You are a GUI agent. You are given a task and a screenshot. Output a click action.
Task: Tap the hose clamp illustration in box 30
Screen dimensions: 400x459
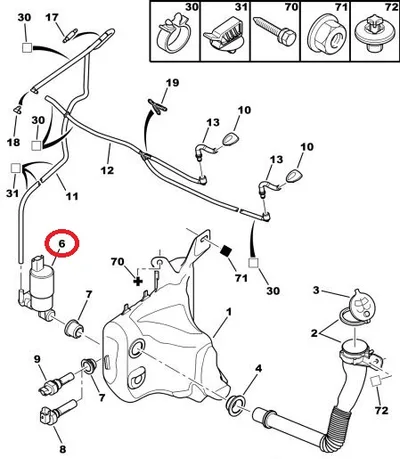[x=173, y=34]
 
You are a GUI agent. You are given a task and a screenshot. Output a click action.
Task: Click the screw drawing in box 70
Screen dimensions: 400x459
[x=274, y=32]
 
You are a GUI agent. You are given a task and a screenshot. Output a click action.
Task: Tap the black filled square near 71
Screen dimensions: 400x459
[x=226, y=250]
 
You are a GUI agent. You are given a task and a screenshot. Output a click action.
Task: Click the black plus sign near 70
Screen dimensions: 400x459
[x=138, y=281]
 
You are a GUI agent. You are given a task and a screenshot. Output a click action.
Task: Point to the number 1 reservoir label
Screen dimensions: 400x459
[x=229, y=312]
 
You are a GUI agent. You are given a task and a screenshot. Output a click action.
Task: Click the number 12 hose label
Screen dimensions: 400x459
[x=107, y=170]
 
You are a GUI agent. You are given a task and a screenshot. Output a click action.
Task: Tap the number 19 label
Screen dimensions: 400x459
[x=172, y=83]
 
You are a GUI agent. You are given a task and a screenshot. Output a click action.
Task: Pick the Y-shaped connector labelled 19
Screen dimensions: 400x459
[x=157, y=105]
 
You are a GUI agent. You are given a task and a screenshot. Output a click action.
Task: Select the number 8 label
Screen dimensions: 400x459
[x=62, y=449]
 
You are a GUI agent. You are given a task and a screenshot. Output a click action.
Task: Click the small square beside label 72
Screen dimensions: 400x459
[x=376, y=381]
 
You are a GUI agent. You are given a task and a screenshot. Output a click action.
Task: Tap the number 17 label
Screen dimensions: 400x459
[x=52, y=17]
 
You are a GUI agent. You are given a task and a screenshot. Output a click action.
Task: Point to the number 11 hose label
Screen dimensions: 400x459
[x=71, y=196]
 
